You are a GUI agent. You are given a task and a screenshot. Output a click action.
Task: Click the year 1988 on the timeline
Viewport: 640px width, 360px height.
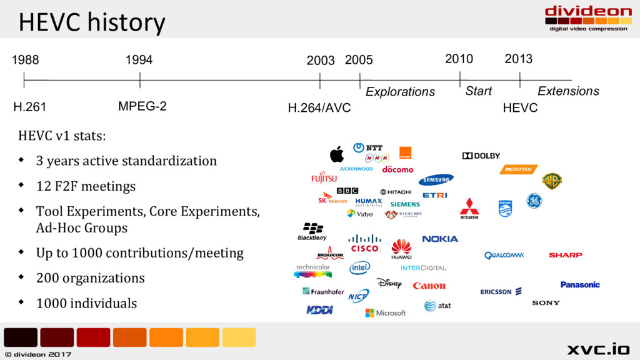coord(25,60)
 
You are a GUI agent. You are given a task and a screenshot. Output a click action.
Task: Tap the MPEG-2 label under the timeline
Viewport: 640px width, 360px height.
coord(142,106)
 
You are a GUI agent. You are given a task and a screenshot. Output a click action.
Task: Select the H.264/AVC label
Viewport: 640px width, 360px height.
coord(319,108)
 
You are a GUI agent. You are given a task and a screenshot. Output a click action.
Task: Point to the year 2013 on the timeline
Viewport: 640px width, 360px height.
coord(518,59)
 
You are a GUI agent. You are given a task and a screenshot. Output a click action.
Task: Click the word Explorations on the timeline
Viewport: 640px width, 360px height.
coord(400,92)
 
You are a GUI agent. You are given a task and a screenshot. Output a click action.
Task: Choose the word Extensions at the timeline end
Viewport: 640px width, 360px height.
coord(568,91)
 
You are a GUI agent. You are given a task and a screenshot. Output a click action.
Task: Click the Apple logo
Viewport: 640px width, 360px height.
coord(337,154)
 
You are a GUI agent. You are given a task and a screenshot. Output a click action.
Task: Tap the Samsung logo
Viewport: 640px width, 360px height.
coord(436,180)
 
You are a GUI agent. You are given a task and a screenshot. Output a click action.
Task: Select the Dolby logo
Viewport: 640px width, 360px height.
coord(481,156)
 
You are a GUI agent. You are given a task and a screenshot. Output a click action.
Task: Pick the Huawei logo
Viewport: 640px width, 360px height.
coord(401,249)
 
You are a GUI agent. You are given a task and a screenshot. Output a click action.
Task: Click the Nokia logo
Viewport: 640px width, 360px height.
coord(440,239)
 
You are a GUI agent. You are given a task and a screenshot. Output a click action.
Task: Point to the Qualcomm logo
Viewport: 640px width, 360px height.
coord(504,255)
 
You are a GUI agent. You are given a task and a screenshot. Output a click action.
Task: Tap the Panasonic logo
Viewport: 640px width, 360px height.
coord(580,284)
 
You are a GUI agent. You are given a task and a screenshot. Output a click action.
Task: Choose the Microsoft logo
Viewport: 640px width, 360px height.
coord(386,312)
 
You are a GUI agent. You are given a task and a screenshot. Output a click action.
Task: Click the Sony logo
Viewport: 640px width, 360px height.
coord(546,303)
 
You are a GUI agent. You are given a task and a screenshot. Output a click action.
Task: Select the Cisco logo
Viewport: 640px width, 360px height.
coord(365,244)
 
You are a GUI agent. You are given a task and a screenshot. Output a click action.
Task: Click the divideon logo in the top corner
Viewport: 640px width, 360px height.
coord(587,17)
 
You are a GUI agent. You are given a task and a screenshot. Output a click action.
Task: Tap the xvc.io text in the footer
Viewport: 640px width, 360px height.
coord(598,349)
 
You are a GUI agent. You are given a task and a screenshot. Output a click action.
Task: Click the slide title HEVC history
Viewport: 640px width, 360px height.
coord(92,22)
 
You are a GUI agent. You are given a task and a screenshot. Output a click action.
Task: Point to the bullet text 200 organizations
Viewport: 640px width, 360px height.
coord(90,278)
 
